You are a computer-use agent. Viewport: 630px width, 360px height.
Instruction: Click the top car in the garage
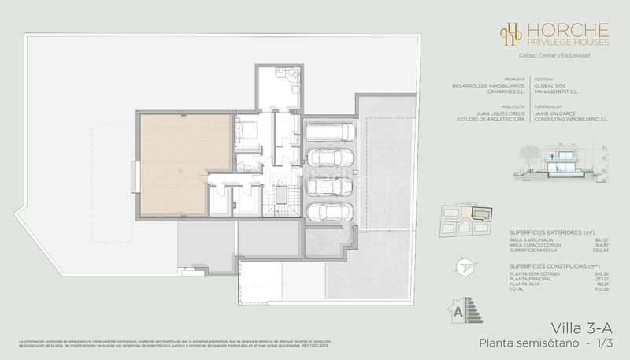(x=329, y=132)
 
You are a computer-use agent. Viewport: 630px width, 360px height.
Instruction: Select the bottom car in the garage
(x=329, y=212)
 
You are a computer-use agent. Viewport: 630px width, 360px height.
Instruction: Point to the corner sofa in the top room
(x=288, y=76)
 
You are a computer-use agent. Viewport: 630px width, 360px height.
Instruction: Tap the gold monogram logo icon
(x=512, y=33)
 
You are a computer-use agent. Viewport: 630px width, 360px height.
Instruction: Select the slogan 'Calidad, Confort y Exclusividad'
(x=554, y=55)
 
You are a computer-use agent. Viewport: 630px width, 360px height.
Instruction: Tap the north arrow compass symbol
(x=464, y=268)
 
